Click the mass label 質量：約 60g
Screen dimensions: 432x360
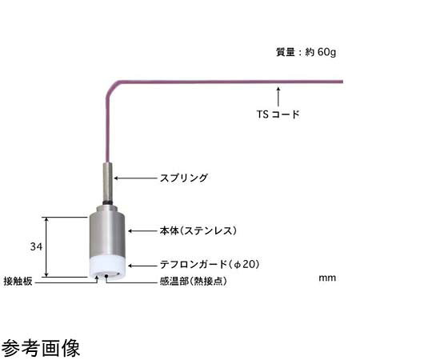coord(306,52)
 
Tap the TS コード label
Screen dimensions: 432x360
coord(278,114)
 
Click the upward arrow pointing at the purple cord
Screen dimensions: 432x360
coord(278,97)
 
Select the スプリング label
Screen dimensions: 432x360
coord(184,178)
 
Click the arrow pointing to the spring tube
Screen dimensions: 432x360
coord(135,178)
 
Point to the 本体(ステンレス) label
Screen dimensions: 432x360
coord(198,230)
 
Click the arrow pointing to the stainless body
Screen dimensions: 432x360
coord(142,231)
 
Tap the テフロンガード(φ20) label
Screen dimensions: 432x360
coord(210,265)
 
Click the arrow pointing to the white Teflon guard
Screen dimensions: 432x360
coord(142,266)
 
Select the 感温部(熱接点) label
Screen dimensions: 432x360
coord(194,282)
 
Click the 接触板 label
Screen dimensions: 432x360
coord(18,282)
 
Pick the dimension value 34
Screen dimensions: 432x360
coord(36,246)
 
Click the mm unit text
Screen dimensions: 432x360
coord(327,278)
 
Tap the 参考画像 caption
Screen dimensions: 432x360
coord(41,348)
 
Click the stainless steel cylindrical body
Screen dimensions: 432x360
coord(107,231)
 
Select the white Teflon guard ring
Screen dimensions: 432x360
coord(108,267)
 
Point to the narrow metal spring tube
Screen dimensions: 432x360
coord(108,182)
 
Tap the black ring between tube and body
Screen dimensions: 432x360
coord(108,203)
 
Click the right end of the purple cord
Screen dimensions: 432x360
coord(342,82)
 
